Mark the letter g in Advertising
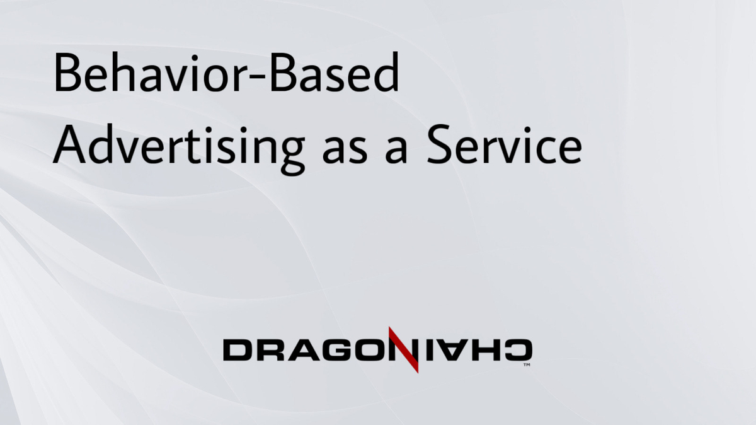click(x=289, y=154)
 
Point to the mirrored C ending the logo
click(x=519, y=350)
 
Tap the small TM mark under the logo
click(x=527, y=364)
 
